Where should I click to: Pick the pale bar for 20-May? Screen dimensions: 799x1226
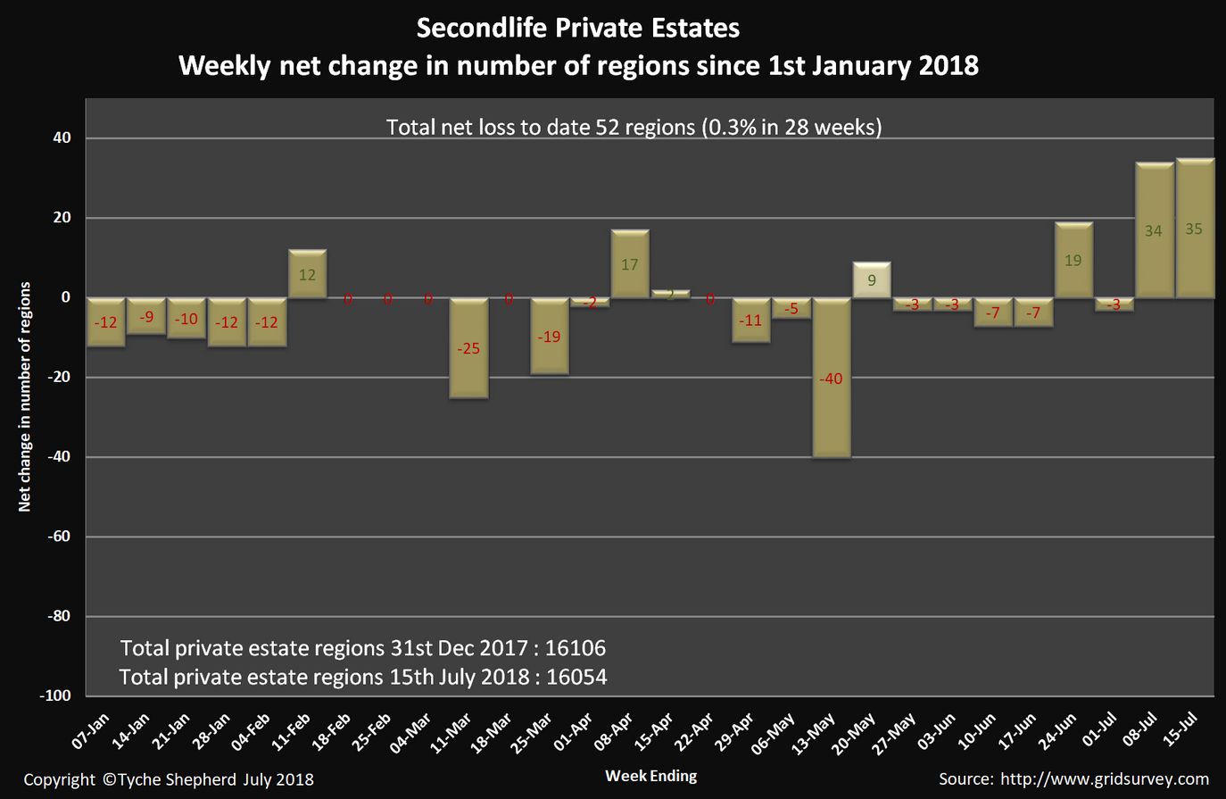click(x=872, y=279)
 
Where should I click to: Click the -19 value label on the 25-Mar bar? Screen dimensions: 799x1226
click(x=549, y=337)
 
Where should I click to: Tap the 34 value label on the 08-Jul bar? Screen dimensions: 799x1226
click(x=1153, y=231)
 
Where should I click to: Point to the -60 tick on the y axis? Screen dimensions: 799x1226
click(x=59, y=537)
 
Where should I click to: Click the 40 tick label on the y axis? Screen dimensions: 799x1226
click(x=62, y=138)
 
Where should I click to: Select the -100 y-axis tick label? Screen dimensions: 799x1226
click(x=55, y=695)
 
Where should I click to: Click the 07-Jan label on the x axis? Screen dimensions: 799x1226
click(x=92, y=733)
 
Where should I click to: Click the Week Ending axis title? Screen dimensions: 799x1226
click(x=650, y=775)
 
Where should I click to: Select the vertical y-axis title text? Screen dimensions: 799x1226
click(x=25, y=396)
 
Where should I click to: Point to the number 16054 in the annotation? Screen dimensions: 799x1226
click(x=576, y=677)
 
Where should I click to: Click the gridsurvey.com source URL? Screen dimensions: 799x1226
click(x=1104, y=778)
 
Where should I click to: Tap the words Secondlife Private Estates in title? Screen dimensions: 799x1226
click(x=578, y=29)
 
